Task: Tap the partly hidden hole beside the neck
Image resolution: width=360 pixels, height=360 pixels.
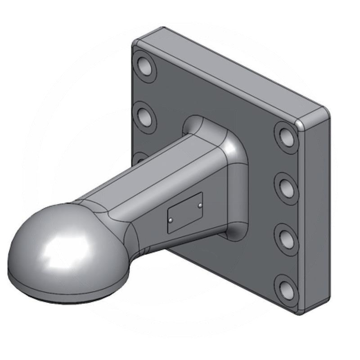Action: (139, 157)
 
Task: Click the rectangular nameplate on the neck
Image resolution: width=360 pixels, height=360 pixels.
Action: (185, 212)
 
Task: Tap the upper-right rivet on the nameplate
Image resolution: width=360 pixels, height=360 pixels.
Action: (199, 206)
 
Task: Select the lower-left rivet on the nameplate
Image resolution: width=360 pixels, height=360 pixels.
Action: (171, 220)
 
